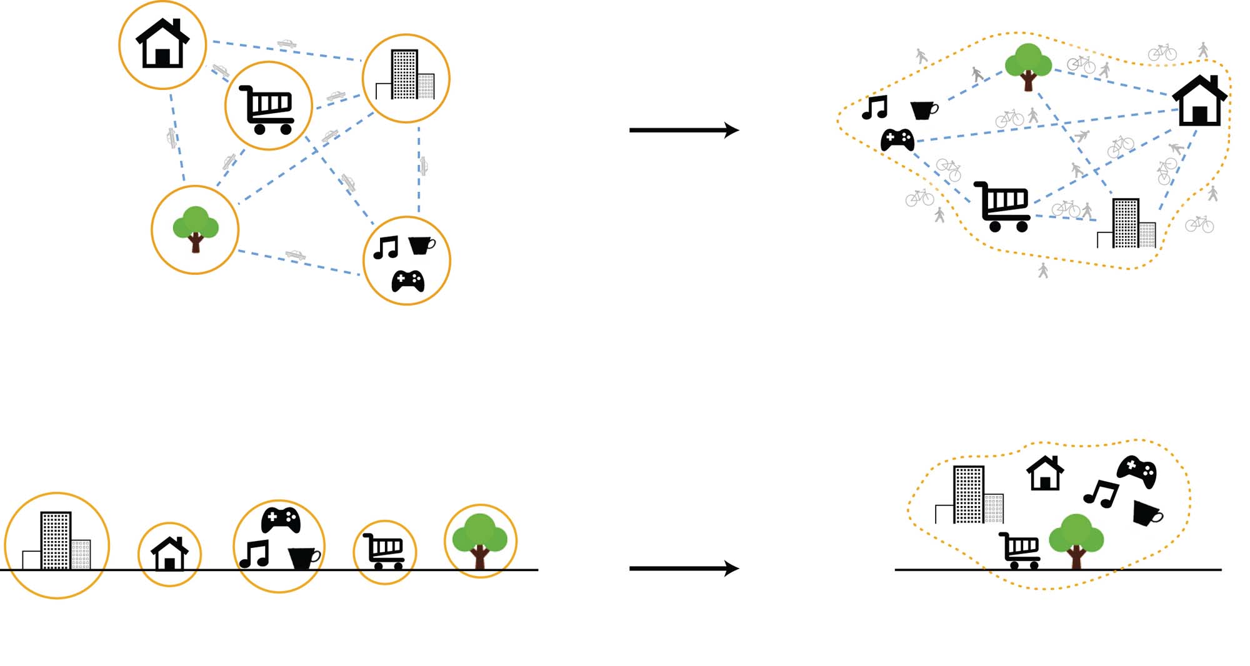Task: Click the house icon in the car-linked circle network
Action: pos(162,44)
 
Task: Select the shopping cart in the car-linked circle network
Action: pos(267,110)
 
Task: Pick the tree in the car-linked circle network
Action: pos(196,229)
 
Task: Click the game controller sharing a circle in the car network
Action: pos(408,281)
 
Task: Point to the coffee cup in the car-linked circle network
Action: pos(421,245)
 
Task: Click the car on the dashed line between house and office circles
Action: pos(287,44)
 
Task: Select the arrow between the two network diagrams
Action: pos(684,130)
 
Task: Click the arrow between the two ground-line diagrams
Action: pos(684,568)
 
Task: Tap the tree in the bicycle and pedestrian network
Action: pos(1028,66)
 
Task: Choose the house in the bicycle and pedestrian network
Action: pos(1199,101)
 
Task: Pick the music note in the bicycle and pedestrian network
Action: pos(875,107)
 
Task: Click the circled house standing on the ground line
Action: pos(169,554)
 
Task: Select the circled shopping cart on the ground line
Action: pos(384,551)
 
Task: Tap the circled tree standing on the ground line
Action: pos(480,541)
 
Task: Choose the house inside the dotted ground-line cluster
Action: pos(1045,473)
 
